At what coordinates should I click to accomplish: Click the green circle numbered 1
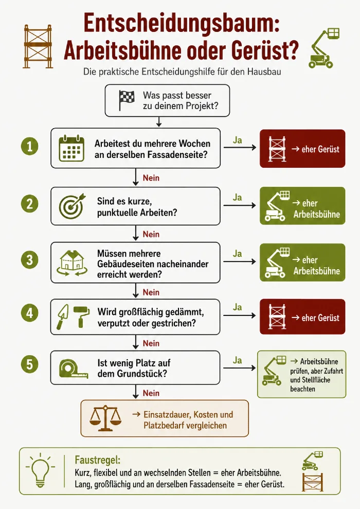click(x=29, y=146)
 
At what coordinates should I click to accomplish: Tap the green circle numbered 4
click(x=29, y=313)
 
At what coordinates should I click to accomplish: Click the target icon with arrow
click(x=72, y=206)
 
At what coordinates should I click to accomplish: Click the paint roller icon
click(x=81, y=317)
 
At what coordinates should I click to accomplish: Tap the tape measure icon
click(x=74, y=369)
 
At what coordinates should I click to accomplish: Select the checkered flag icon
click(x=127, y=100)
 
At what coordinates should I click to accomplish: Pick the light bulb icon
click(x=40, y=470)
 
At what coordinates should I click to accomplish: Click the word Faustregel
click(x=98, y=460)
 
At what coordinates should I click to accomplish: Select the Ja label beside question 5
click(x=238, y=360)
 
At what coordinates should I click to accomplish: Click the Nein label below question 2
click(x=151, y=234)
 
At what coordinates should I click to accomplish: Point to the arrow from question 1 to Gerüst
click(x=240, y=148)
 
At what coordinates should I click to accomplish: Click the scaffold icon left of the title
click(x=38, y=46)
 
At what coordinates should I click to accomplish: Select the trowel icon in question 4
click(x=63, y=317)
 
